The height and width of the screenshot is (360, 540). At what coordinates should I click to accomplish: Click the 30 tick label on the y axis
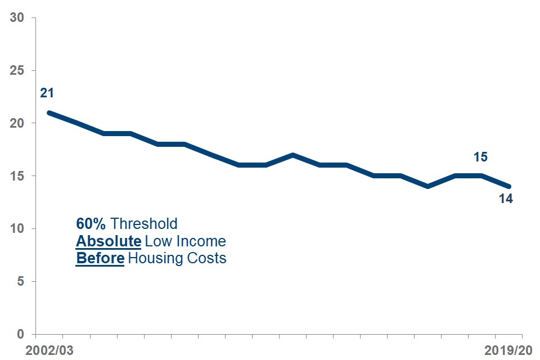pyautogui.click(x=17, y=17)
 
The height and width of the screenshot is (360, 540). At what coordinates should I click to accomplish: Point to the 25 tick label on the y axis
pyautogui.click(x=17, y=70)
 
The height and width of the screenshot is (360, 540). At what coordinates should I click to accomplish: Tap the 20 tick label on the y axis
pyautogui.click(x=17, y=123)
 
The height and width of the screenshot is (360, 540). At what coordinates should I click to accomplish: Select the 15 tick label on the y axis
pyautogui.click(x=17, y=175)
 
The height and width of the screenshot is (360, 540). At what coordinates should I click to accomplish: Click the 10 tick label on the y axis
pyautogui.click(x=17, y=228)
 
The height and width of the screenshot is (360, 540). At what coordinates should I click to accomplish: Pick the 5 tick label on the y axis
pyautogui.click(x=20, y=281)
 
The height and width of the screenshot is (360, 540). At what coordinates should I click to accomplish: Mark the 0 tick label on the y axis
pyautogui.click(x=20, y=334)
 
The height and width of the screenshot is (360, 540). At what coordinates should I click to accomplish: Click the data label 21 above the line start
pyautogui.click(x=47, y=93)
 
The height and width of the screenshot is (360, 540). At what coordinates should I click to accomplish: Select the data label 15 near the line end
pyautogui.click(x=480, y=157)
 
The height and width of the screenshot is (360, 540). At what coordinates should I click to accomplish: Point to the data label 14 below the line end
pyautogui.click(x=506, y=199)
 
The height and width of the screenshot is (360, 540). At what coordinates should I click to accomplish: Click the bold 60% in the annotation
pyautogui.click(x=91, y=224)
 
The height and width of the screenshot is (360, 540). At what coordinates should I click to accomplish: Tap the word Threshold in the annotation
pyautogui.click(x=144, y=224)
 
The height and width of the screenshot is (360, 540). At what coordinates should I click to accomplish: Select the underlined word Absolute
pyautogui.click(x=108, y=241)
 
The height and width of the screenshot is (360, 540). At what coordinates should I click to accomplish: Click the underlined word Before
pyautogui.click(x=100, y=259)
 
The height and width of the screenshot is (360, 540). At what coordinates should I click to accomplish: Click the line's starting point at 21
pyautogui.click(x=49, y=112)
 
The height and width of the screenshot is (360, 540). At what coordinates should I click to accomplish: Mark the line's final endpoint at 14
pyautogui.click(x=509, y=186)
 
